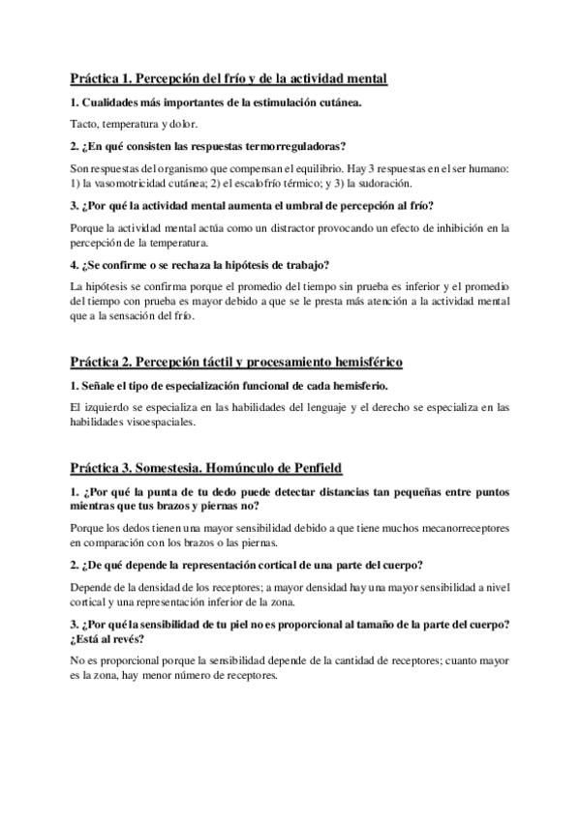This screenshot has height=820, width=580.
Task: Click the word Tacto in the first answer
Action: click(86, 125)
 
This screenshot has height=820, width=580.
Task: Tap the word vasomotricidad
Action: click(137, 183)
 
